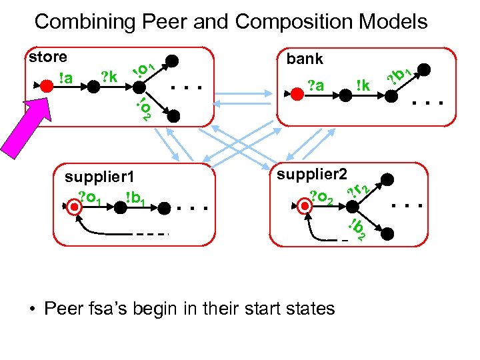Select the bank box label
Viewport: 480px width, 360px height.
tap(305, 59)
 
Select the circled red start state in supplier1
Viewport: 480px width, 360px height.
tap(77, 207)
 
